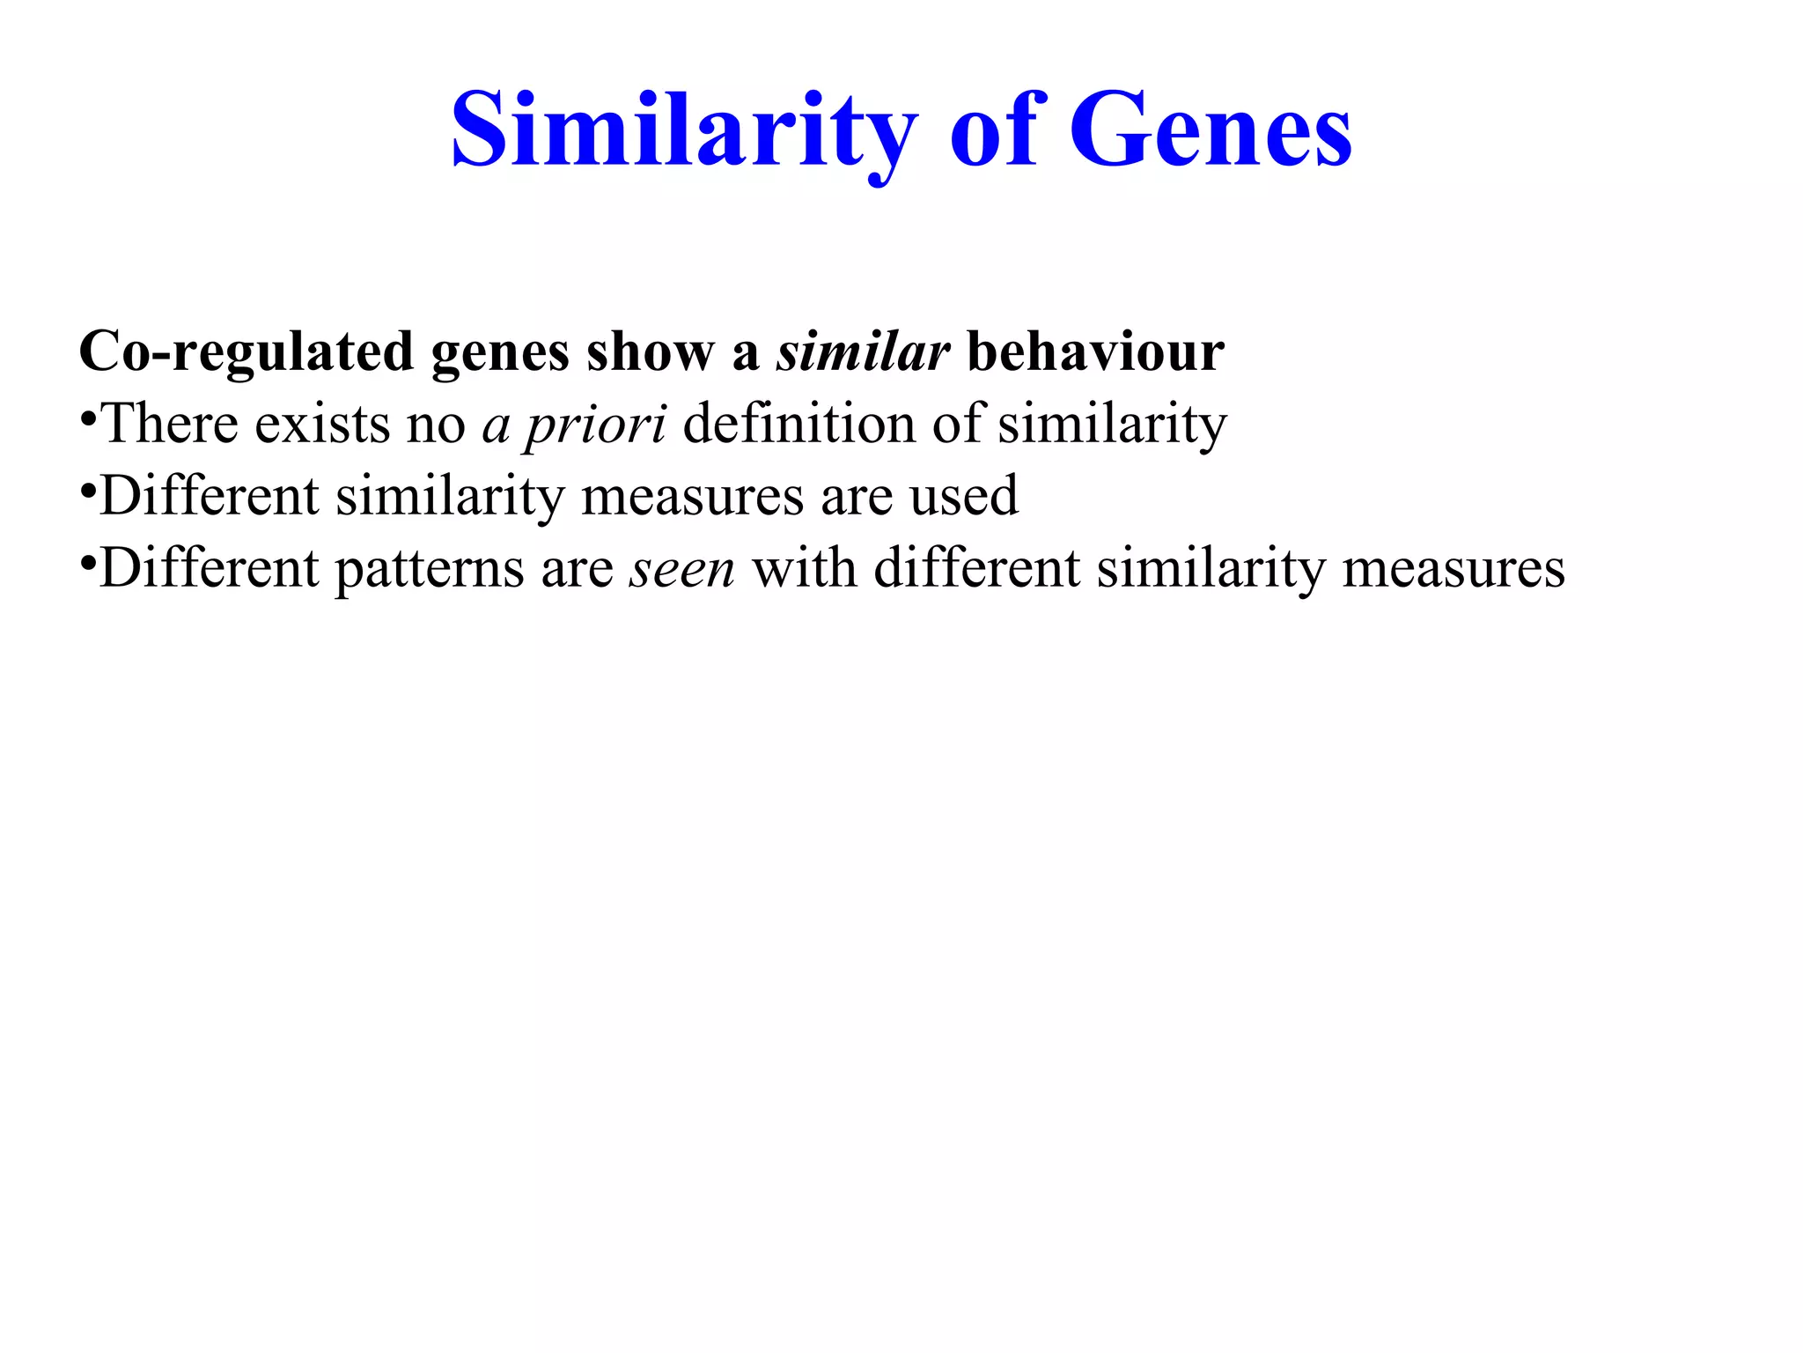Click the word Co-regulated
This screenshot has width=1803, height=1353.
pos(246,352)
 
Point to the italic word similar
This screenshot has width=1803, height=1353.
pos(862,352)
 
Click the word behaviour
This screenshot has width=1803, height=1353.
pos(1095,352)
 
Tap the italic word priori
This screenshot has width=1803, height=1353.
pos(595,425)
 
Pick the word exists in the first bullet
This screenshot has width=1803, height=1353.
pos(322,425)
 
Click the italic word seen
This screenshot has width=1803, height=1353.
pos(681,569)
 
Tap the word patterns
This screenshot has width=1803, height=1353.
pos(430,569)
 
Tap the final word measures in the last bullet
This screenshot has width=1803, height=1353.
pos(1453,569)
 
